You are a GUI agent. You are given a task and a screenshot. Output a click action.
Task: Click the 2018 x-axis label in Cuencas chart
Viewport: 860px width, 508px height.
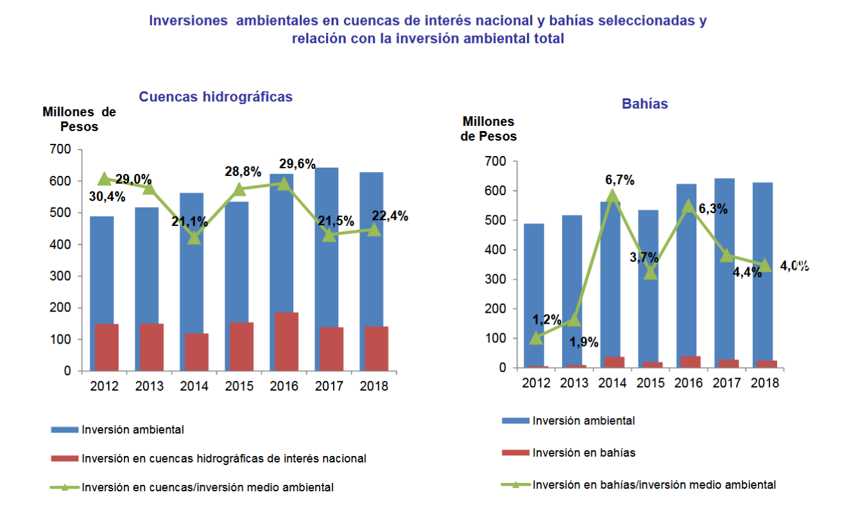374,387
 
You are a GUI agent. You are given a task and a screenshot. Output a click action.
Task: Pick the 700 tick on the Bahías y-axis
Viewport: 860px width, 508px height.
496,162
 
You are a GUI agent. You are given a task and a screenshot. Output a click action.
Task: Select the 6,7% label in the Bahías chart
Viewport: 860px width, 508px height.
619,180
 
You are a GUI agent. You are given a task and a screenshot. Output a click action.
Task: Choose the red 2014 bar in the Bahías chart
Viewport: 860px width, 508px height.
614,362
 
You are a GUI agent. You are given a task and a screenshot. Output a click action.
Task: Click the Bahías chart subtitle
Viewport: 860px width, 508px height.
644,104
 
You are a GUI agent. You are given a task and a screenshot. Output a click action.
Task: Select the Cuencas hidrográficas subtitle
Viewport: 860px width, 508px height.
216,97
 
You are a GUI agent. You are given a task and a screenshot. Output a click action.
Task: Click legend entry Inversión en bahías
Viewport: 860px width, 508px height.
583,453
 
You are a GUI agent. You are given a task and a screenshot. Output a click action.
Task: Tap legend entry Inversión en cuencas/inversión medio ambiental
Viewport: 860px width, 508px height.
207,487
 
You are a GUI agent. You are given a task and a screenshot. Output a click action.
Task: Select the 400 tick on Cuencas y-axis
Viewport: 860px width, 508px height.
63,245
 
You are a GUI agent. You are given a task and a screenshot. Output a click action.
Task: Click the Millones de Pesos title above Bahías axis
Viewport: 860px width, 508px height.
489,128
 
